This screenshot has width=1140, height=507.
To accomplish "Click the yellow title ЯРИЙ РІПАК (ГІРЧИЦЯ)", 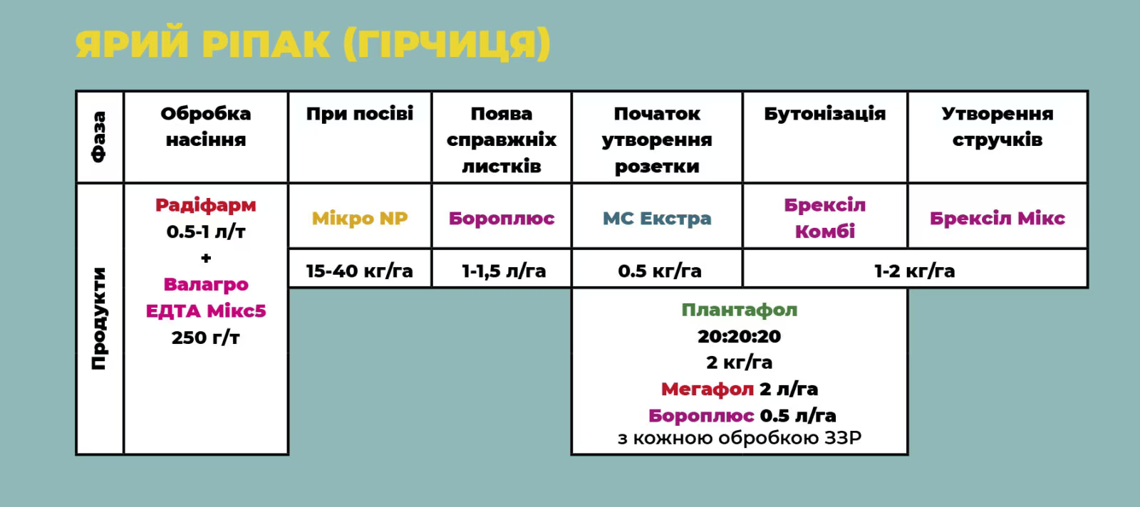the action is [313, 45].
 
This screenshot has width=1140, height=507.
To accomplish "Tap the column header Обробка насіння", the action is [206, 127].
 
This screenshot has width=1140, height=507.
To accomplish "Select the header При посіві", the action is [360, 113].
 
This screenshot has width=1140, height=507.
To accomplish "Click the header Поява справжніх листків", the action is [502, 140].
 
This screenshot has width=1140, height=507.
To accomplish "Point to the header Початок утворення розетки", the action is [656, 140].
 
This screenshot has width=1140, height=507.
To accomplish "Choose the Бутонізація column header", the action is [824, 113].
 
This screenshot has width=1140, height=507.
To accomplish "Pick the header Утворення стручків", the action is [997, 127].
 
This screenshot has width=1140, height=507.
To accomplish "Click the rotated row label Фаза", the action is [99, 137].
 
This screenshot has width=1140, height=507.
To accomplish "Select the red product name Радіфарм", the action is [206, 205].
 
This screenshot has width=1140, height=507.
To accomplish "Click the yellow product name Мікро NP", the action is [360, 218].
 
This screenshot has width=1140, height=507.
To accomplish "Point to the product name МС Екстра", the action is [656, 218].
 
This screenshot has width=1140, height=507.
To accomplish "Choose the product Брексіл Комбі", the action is [824, 218].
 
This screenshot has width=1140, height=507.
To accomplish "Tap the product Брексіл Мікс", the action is [997, 218].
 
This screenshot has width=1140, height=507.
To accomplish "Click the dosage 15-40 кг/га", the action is [359, 271].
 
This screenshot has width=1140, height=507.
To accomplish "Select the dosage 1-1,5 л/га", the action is [503, 271].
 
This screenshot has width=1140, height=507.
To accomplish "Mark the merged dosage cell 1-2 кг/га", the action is [915, 271].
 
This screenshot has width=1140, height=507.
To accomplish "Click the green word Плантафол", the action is [739, 310].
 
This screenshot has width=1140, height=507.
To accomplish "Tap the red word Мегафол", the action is [707, 389].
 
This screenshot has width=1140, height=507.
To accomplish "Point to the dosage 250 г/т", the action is [206, 337].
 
